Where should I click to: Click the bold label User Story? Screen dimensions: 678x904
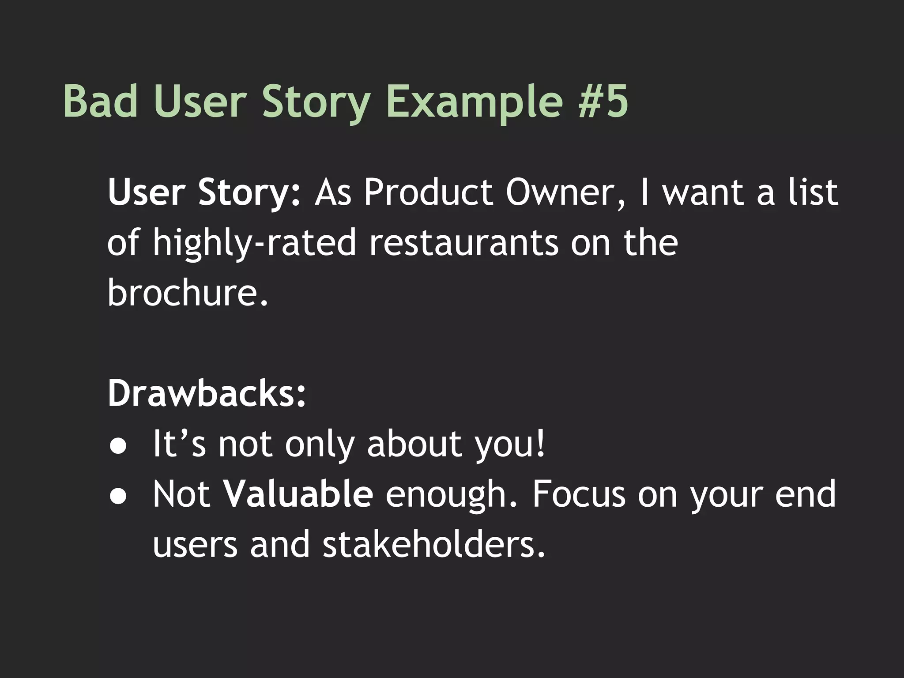[x=204, y=193]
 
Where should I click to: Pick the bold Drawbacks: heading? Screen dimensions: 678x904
[x=207, y=393]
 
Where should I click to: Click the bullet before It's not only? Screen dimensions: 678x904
[x=118, y=446]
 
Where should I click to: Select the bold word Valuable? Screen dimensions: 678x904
[x=298, y=494]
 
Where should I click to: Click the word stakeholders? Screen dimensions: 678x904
[x=434, y=544]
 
